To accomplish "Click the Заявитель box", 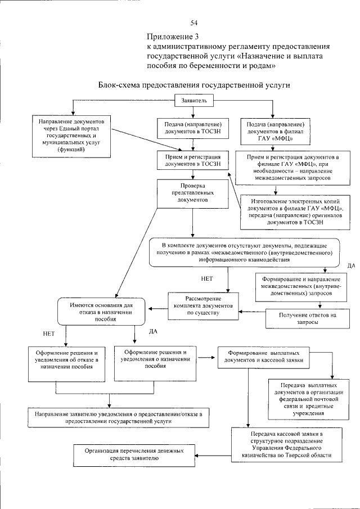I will point(195,101).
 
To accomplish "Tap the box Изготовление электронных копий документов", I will point(291,211).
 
